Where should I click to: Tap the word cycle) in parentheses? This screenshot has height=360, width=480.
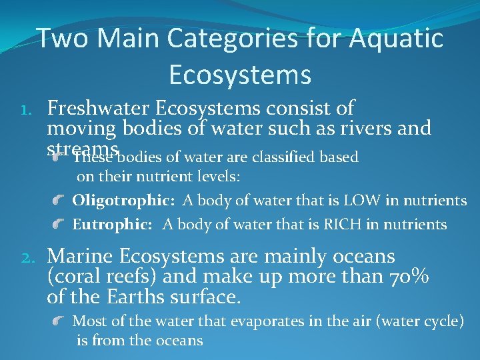click(x=442, y=321)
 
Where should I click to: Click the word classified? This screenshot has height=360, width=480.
click(x=283, y=158)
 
